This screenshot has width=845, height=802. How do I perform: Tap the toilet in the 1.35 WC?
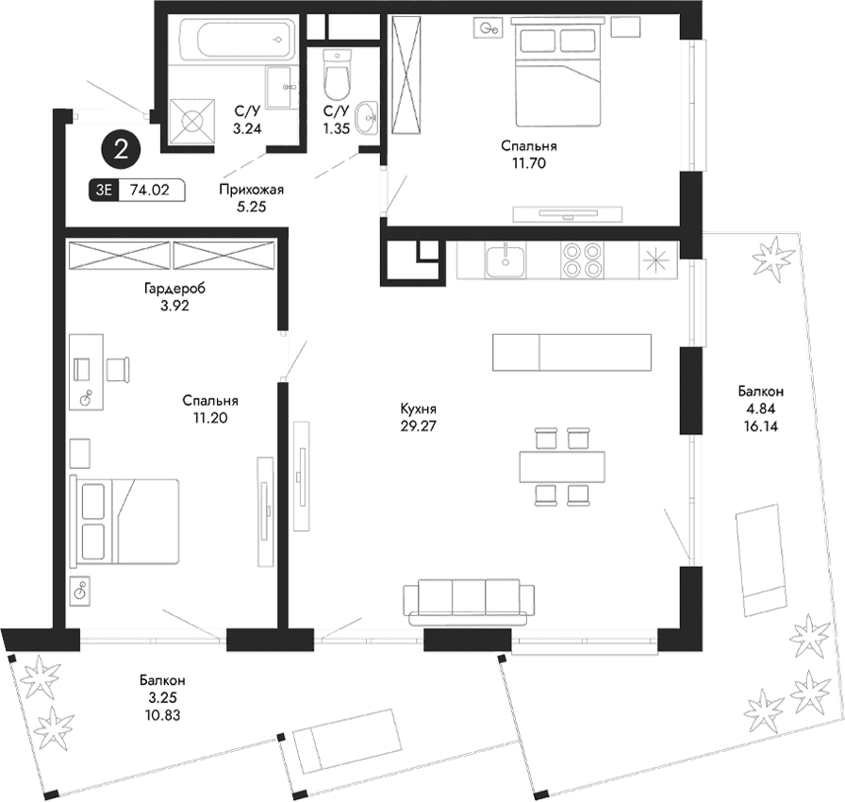pyautogui.click(x=336, y=73)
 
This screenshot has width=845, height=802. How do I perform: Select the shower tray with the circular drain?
pyautogui.click(x=192, y=122)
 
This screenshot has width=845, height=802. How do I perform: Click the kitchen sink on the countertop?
pyautogui.click(x=506, y=259)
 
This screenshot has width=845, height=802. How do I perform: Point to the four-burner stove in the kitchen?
pyautogui.click(x=581, y=260)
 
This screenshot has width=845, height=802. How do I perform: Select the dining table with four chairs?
pyautogui.click(x=562, y=465)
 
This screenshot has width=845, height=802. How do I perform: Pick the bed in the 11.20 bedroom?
pyautogui.click(x=125, y=521)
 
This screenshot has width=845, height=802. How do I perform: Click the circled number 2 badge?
pyautogui.click(x=121, y=147)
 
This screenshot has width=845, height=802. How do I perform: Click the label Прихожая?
pyautogui.click(x=251, y=189)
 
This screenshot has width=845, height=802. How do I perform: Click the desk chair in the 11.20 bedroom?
pyautogui.click(x=119, y=368)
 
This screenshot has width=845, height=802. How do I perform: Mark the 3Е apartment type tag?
pyautogui.click(x=103, y=190)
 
